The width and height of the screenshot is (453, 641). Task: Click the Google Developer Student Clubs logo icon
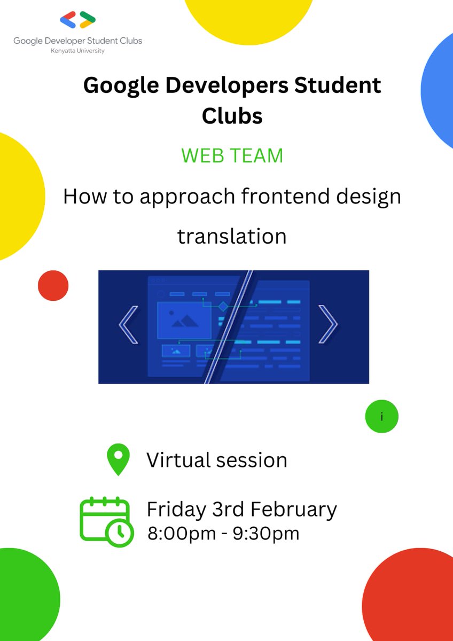[78, 20]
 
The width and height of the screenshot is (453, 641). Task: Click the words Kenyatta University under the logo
[78, 51]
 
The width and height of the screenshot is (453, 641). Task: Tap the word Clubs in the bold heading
[232, 115]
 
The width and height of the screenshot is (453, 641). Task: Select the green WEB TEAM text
[232, 156]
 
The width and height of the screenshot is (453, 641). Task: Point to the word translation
[232, 236]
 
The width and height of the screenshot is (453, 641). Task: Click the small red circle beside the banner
[53, 285]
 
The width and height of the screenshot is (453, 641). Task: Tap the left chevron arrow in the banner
[129, 324]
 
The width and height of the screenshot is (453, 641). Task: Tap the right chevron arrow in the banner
[327, 324]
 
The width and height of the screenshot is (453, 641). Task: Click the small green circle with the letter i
[381, 416]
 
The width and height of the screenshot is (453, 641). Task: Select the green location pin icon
[118, 459]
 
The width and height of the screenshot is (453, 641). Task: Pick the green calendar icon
[106, 520]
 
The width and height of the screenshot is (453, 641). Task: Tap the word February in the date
[294, 510]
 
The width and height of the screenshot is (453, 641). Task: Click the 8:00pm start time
[182, 534]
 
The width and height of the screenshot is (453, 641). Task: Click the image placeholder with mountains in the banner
[184, 320]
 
